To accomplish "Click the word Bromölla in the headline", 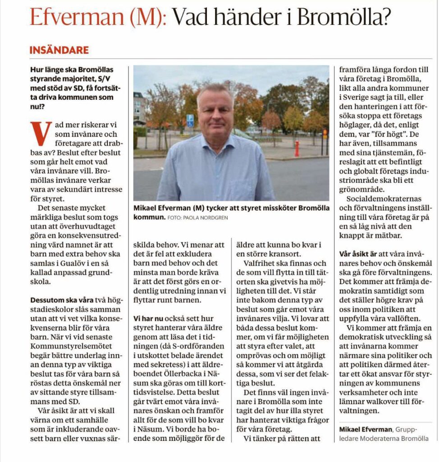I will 343,18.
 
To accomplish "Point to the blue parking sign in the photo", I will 190,120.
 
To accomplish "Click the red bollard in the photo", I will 297,148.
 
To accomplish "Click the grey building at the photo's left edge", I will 140,110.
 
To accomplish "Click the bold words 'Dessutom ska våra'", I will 62,300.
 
